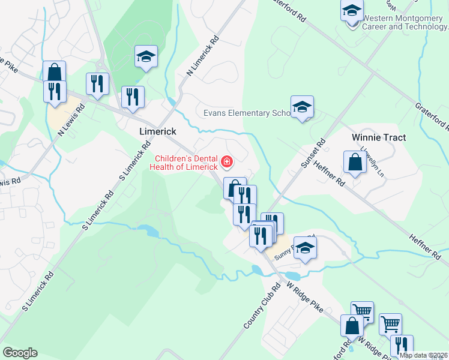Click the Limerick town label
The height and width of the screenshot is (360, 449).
[157, 131]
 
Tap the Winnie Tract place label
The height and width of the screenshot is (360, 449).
[378, 137]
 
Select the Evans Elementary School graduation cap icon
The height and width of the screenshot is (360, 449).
[302, 108]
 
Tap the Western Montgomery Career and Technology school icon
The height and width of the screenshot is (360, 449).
[352, 12]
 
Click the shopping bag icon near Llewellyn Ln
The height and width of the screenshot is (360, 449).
[355, 163]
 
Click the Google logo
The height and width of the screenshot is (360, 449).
[20, 353]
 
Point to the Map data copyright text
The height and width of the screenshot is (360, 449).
[423, 355]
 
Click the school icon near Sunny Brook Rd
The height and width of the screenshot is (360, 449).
[305, 248]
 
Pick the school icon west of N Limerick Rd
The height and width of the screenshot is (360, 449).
[146, 58]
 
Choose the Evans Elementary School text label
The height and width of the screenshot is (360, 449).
[246, 113]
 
